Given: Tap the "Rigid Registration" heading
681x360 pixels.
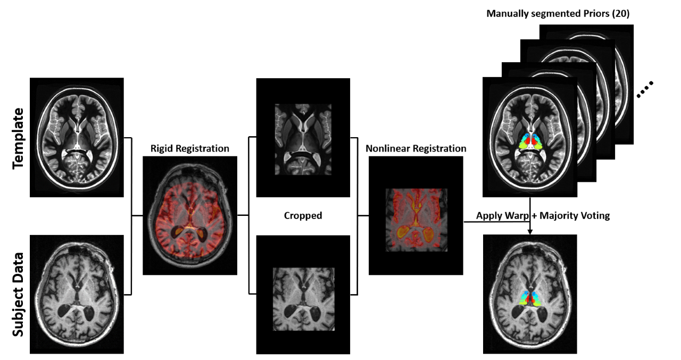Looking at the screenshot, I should tap(190, 148).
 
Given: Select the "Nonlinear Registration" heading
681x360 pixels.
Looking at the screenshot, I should tap(416, 148).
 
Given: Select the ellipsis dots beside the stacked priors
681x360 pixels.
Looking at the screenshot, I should tap(644, 90).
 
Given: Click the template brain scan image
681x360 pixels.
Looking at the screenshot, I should tap(77, 137).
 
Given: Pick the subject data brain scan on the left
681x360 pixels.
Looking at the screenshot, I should tap(77, 294).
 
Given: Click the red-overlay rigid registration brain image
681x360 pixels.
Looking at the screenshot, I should tap(190, 215).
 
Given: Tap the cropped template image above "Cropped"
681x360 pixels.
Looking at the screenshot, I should tap(303, 138).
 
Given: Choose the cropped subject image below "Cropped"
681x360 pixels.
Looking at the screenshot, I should tap(303, 295).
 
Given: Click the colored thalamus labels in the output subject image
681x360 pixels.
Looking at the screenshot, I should tap(530, 298).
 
